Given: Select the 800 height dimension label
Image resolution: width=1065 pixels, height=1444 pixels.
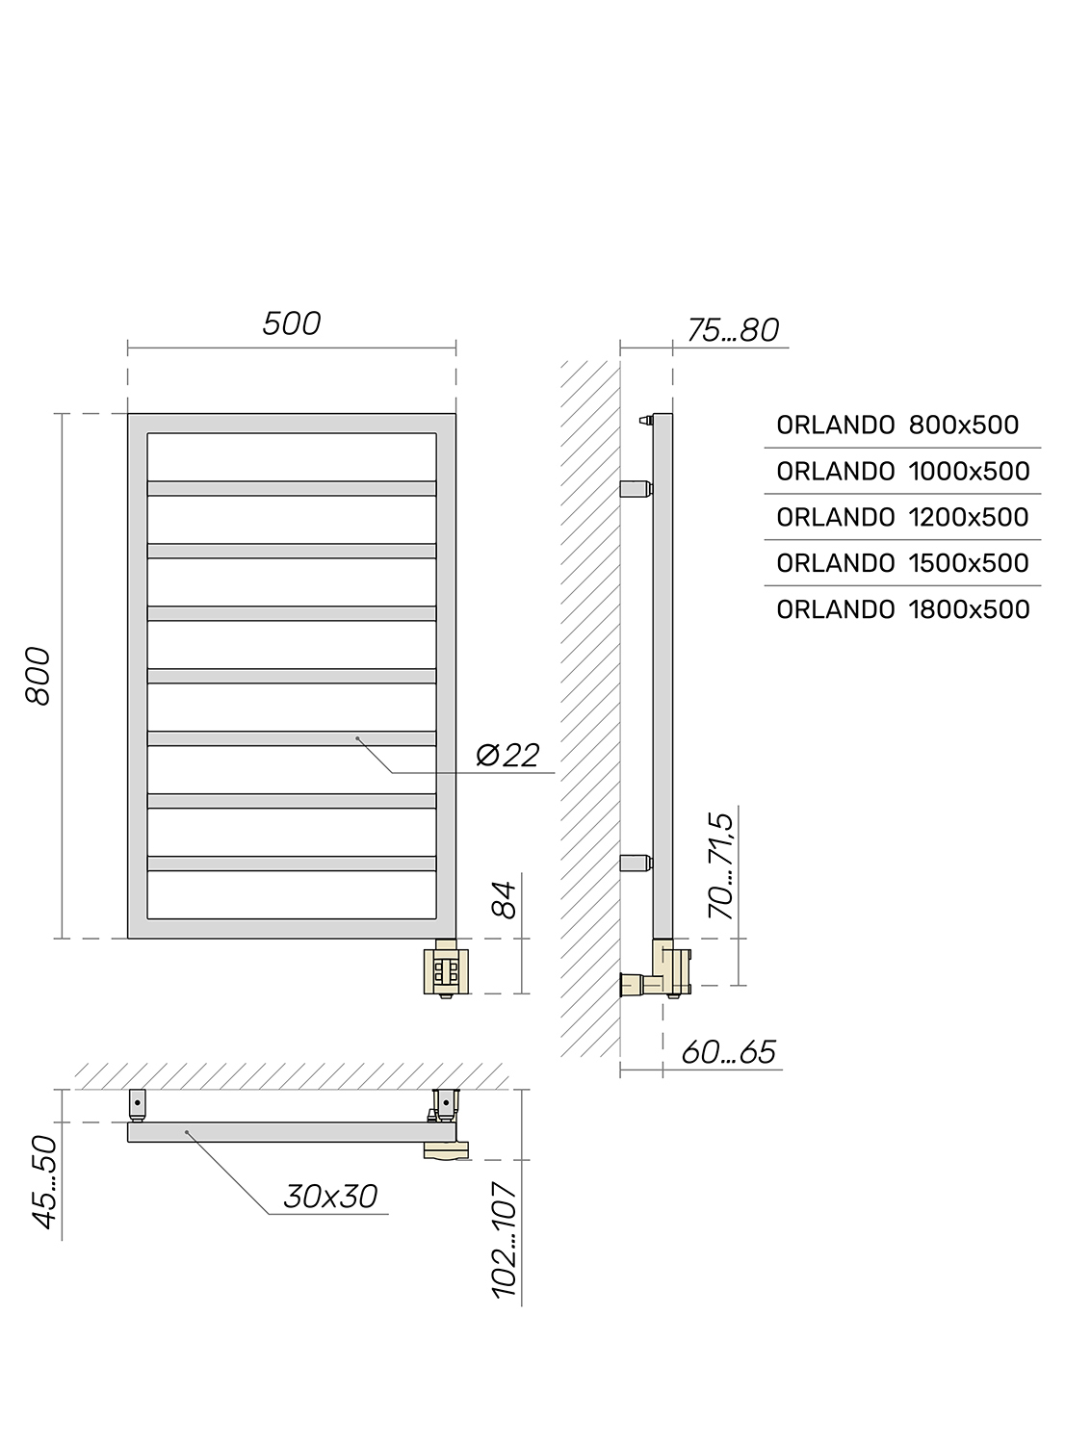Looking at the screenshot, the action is pos(39,676).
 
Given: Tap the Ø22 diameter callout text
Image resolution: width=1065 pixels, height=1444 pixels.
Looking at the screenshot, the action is pos(507,755).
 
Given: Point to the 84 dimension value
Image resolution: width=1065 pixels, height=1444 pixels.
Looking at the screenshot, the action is pos(505,899).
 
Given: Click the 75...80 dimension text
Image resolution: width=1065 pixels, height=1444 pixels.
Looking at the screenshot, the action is pos(733,330).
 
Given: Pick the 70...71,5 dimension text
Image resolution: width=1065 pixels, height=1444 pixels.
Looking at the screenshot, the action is pos(721,865).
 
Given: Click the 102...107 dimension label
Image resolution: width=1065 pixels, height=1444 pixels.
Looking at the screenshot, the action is pos(505,1240).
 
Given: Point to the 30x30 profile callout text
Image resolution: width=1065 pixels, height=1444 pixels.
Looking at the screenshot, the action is pos(330,1197).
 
